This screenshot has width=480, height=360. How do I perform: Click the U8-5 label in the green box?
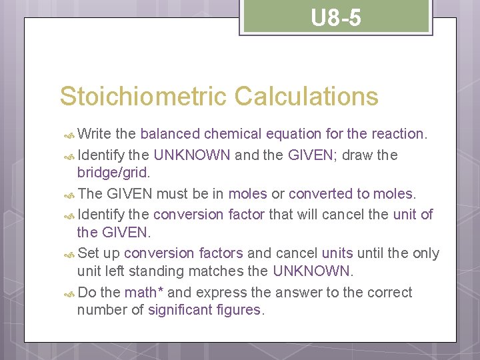[336, 18]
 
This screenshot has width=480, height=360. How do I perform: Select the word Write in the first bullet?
[94, 134]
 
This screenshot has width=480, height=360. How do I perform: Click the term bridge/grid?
[113, 172]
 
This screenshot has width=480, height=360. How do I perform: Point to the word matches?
[223, 271]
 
